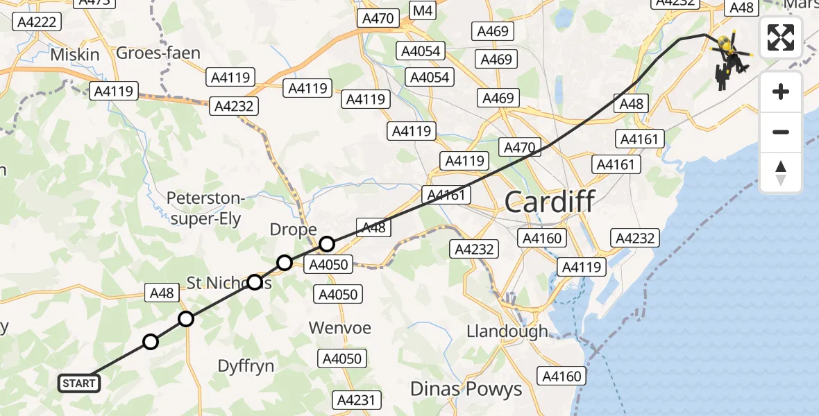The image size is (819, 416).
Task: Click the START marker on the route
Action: click(x=79, y=383)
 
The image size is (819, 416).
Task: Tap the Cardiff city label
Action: click(x=549, y=202)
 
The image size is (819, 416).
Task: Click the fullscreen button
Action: click(x=781, y=37)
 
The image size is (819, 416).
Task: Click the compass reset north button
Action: click(x=781, y=173)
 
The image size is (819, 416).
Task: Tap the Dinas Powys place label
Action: click(x=466, y=389)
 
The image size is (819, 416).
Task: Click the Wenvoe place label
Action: click(x=340, y=327)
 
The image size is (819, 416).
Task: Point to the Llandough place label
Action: click(x=508, y=331)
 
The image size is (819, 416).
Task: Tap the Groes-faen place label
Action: click(x=158, y=53)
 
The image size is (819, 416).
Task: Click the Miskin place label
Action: click(x=74, y=54)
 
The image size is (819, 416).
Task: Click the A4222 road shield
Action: click(x=37, y=22)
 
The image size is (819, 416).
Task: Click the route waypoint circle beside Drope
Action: click(x=326, y=244)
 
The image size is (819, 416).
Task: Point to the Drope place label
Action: click(x=293, y=229)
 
